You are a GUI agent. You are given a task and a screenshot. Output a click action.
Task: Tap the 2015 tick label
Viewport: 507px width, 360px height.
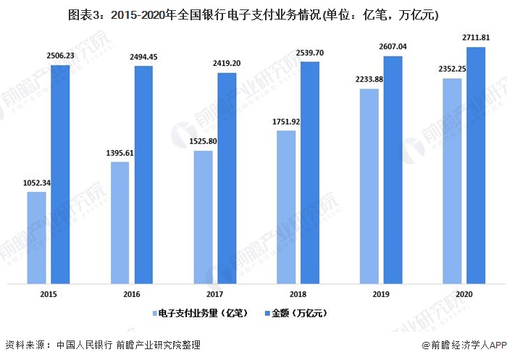[49, 294]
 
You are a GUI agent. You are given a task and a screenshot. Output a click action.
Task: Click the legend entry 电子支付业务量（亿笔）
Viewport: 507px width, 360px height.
[198, 314]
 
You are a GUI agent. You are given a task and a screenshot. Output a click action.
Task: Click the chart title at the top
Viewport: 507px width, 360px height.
[253, 14]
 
